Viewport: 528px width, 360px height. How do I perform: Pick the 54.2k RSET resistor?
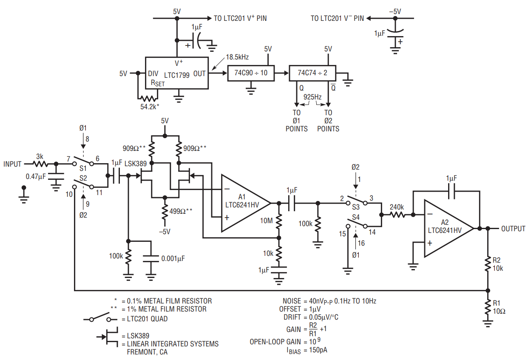coord(148,98)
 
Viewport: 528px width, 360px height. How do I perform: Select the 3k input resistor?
coord(40,164)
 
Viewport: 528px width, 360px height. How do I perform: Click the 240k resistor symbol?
coord(397,215)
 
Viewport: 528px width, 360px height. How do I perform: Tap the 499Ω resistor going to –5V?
coord(165,212)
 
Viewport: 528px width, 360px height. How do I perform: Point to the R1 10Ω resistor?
coord(488,307)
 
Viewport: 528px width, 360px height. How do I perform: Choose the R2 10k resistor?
coord(488,264)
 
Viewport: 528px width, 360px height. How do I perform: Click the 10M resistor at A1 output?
coord(278,221)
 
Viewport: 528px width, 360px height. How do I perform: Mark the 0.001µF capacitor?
coord(151,258)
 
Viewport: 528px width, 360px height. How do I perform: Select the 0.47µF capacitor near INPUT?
coord(56,176)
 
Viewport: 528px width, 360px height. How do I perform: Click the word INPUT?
coord(12,164)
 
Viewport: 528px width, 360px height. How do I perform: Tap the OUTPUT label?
coord(513,229)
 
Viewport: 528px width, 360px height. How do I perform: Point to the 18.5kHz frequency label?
coord(237,57)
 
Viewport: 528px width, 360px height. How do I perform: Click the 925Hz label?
coord(312,97)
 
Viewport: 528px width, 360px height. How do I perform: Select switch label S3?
coord(356,207)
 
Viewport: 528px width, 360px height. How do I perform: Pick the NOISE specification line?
coord(329,301)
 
